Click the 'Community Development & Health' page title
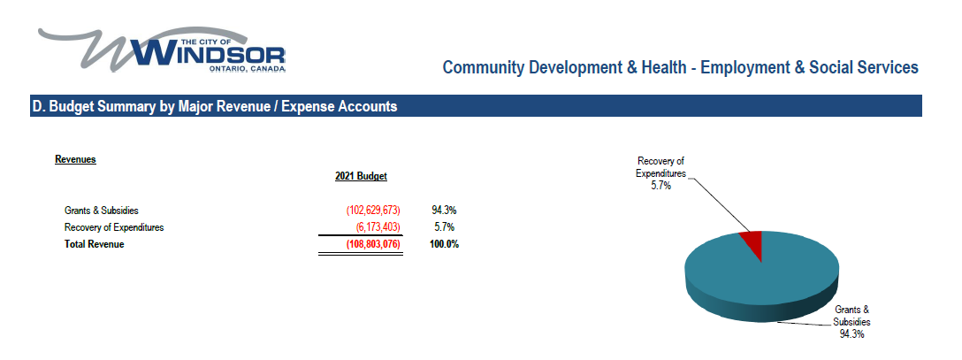680,67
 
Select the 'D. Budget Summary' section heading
214,107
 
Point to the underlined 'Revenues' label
75,160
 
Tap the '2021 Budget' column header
361,177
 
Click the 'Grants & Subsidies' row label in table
102,211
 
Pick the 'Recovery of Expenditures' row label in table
114,227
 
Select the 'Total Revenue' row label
95,244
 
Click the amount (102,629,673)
373,211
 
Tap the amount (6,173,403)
378,227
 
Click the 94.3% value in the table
443,211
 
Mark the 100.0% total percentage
445,244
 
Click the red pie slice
752,241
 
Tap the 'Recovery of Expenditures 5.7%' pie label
660,173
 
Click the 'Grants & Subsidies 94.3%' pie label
851,322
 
